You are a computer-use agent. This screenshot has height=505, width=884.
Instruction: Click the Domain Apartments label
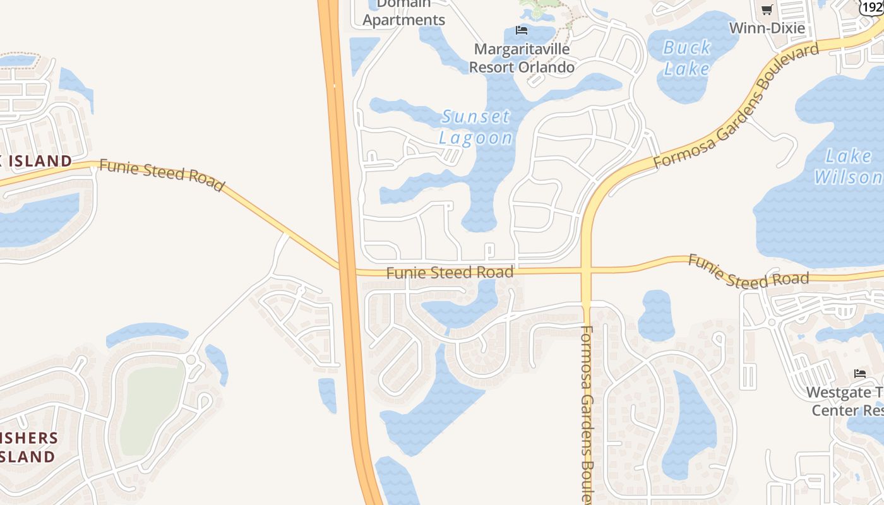tap(403, 13)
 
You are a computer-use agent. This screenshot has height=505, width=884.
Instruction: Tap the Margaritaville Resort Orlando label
tap(522, 57)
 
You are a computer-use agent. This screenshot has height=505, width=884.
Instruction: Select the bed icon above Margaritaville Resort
tap(522, 30)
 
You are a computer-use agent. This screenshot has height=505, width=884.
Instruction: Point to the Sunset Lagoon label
tap(475, 127)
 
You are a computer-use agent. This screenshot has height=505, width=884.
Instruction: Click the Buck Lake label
tap(687, 57)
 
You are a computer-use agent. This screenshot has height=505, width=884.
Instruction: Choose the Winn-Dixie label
tap(767, 28)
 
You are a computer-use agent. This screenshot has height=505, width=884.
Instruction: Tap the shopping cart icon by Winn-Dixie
tap(767, 9)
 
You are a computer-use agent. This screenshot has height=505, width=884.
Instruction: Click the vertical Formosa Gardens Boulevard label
tap(586, 413)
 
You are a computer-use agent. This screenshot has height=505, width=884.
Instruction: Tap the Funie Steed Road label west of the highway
tap(162, 175)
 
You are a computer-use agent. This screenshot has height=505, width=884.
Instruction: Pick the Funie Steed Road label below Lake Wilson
tap(748, 271)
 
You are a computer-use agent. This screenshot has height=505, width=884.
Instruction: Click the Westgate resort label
tap(845, 401)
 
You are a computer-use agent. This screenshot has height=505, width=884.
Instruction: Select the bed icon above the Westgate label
tap(860, 374)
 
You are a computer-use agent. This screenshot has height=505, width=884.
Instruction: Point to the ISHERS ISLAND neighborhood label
tap(28, 447)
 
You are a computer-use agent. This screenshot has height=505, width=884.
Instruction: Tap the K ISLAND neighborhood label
tap(36, 161)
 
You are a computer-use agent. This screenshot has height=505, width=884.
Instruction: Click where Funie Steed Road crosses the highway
tap(347, 270)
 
